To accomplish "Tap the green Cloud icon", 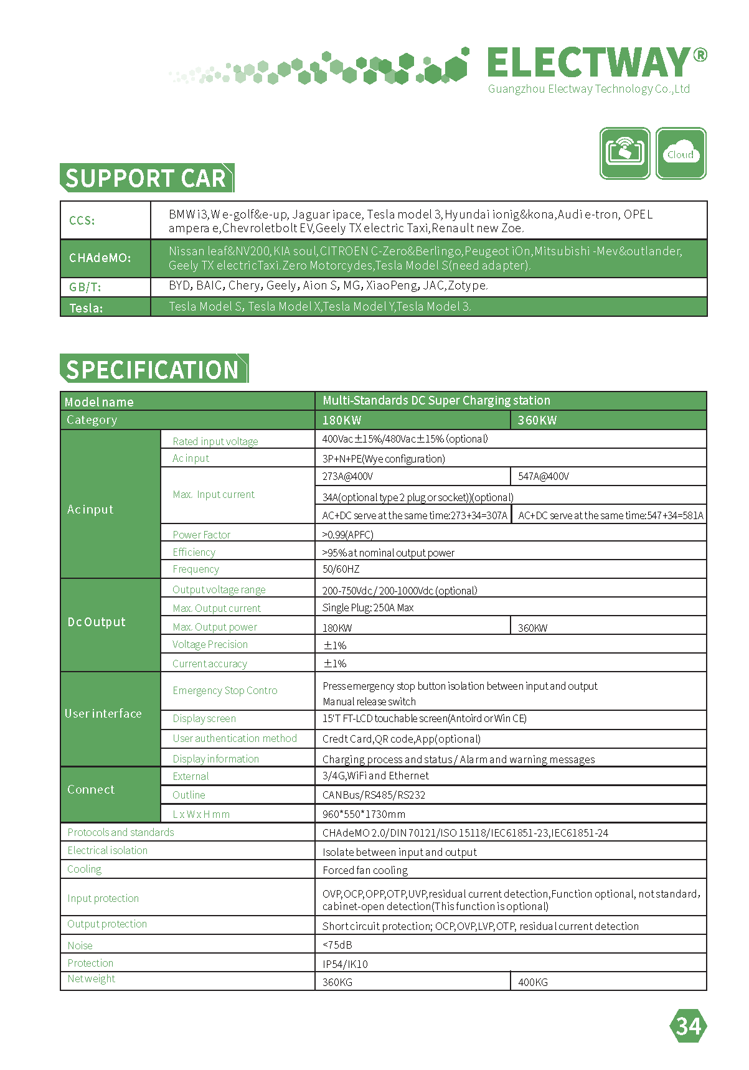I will point(681,153).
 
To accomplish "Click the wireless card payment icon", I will point(624,153).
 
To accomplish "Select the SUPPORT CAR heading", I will point(146,178).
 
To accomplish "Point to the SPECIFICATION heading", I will point(153,369).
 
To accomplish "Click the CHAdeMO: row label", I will point(100,258).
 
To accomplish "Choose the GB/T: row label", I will point(85,287).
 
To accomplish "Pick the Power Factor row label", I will point(201,535).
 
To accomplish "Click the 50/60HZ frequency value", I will point(341,569).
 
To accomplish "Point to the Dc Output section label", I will point(97,622).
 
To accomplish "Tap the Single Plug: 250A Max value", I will point(368,608).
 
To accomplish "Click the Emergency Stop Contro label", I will point(225,690).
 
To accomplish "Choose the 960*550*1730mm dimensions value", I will point(364,814).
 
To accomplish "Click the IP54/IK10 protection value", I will point(345,964).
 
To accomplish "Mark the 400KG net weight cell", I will point(533,982).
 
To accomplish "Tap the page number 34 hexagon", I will point(688,1026).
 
